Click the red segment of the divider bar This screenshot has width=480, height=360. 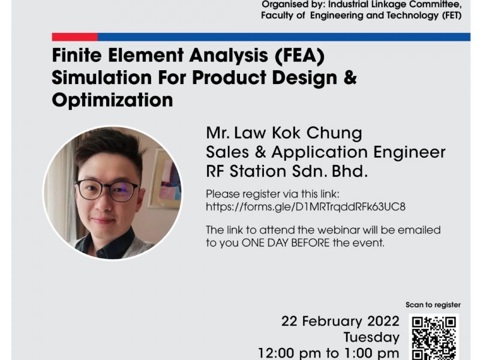(x=74, y=37)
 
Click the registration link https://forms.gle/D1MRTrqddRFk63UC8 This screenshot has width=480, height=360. (x=305, y=207)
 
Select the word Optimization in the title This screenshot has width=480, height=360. (x=112, y=100)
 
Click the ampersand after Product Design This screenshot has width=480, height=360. (x=350, y=77)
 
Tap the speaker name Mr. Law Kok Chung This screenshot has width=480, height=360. (x=284, y=133)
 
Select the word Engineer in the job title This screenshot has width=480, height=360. (x=409, y=152)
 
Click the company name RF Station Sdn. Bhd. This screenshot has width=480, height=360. (x=287, y=172)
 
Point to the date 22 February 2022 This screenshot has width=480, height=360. (x=340, y=322)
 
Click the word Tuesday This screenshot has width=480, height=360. (x=371, y=337)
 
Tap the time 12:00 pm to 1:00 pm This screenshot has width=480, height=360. (x=329, y=353)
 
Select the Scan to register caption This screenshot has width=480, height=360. (x=433, y=305)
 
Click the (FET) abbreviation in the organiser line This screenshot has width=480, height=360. (x=452, y=16)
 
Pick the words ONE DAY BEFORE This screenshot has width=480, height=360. (x=286, y=243)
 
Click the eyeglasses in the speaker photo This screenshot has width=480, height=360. (x=107, y=190)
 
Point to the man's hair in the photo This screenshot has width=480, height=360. (x=107, y=147)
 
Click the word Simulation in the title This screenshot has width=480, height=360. (x=101, y=78)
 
